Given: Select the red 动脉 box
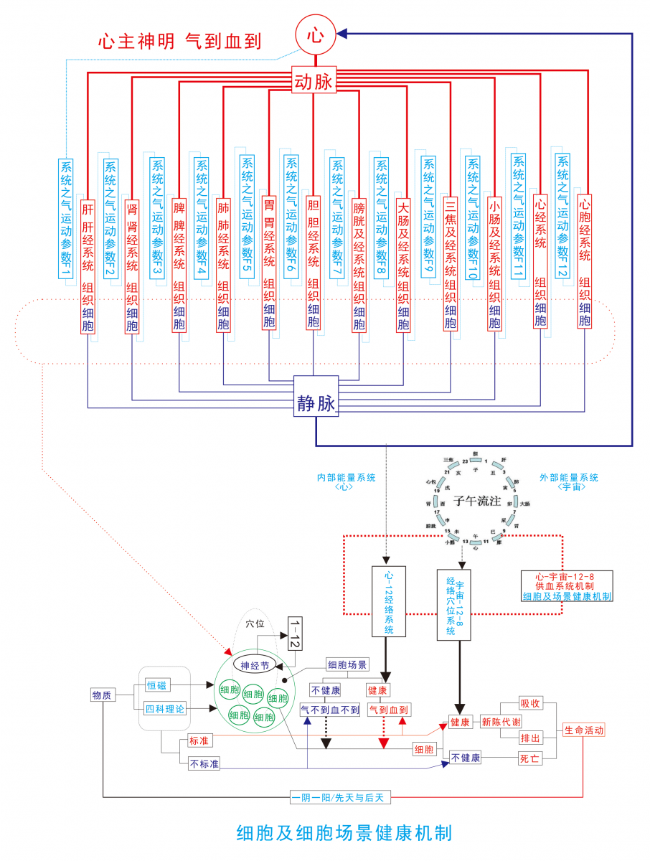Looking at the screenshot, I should (x=314, y=82).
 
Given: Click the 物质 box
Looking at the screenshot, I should (x=101, y=695).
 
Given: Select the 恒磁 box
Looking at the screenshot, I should (x=156, y=685).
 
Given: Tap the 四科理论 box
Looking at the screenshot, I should (x=165, y=709).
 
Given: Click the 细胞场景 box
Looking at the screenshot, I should (x=347, y=664).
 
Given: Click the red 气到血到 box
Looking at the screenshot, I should (x=388, y=710).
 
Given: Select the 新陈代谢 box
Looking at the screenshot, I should (x=501, y=722).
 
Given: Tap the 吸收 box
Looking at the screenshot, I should (x=530, y=703).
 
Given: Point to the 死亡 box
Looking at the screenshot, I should (x=530, y=758).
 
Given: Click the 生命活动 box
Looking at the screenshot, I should (x=584, y=730).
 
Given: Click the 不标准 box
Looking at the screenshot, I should (x=204, y=763).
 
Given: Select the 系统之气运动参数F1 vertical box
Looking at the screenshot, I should (x=66, y=217).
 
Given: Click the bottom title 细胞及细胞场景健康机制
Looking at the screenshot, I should (x=344, y=833).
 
